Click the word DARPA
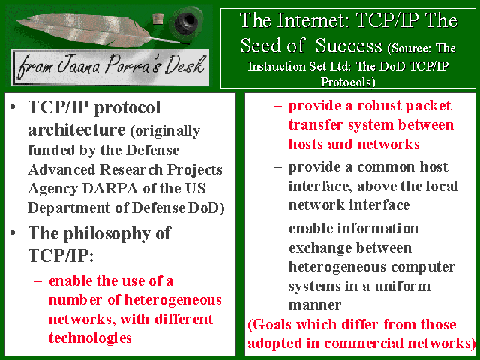pyautogui.click(x=110, y=188)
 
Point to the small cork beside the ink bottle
pyautogui.click(x=158, y=19)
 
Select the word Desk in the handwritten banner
pyautogui.click(x=184, y=65)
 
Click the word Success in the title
pyautogui.click(x=349, y=46)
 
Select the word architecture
pyautogui.click(x=76, y=130)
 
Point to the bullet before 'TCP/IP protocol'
pyautogui.click(x=13, y=106)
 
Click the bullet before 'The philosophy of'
pyautogui.click(x=13, y=232)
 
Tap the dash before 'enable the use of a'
pyautogui.click(x=38, y=281)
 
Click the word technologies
pyautogui.click(x=90, y=338)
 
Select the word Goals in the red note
pyautogui.click(x=271, y=325)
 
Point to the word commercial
pyautogui.click(x=364, y=343)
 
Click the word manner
pyautogui.click(x=315, y=305)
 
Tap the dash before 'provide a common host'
pyautogui.click(x=277, y=167)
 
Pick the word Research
pyautogui.click(x=131, y=169)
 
